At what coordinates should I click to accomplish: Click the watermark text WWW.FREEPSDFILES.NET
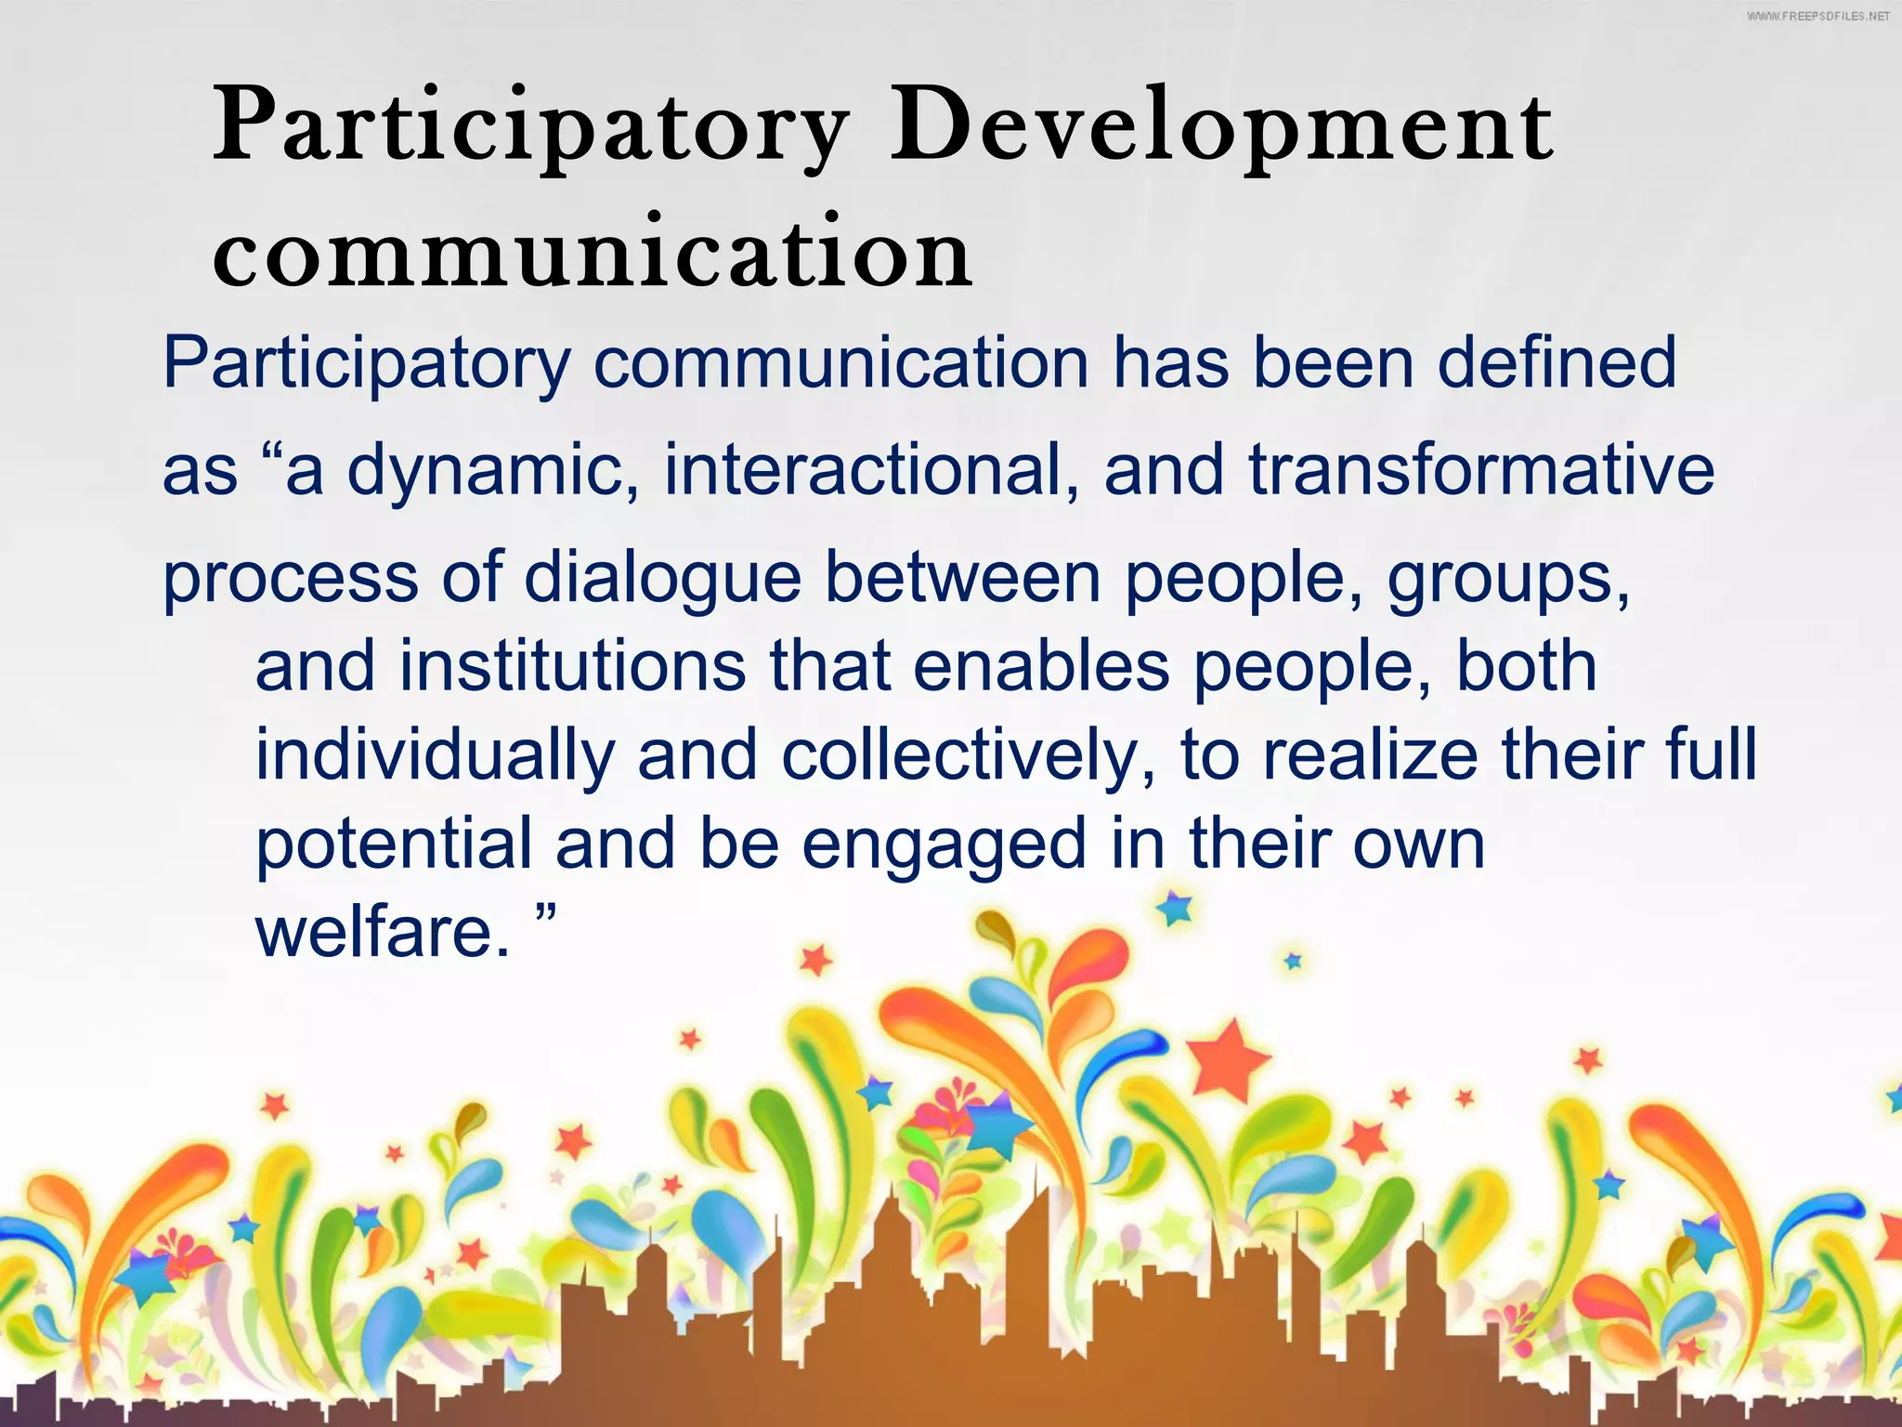[1817, 17]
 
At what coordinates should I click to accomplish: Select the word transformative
[1480, 469]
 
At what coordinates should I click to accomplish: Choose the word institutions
[572, 666]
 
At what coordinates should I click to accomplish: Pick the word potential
[394, 844]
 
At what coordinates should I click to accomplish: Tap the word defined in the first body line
[1557, 362]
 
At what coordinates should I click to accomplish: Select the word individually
[435, 754]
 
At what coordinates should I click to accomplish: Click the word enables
[1040, 666]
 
